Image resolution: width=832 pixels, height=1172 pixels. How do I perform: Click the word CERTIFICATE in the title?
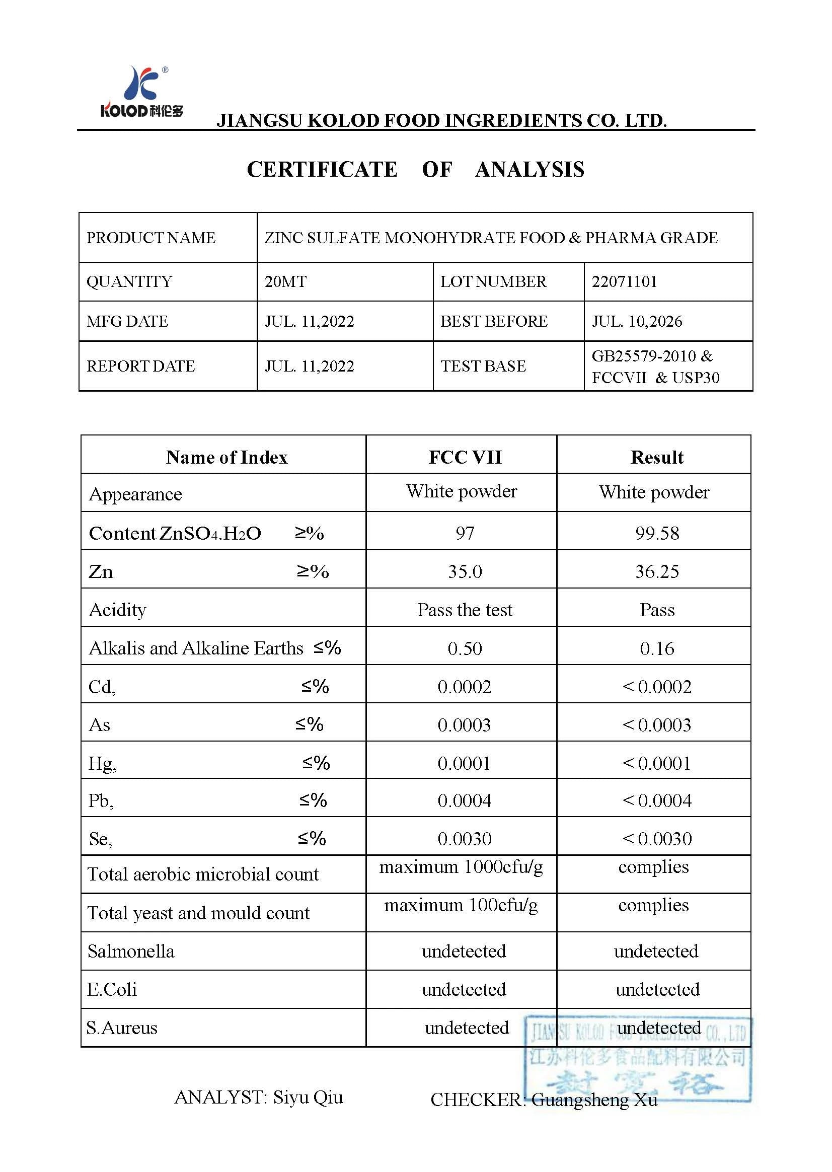click(x=322, y=170)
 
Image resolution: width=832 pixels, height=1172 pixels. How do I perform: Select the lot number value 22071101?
click(x=624, y=282)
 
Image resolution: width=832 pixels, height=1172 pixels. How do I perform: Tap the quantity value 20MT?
click(x=285, y=282)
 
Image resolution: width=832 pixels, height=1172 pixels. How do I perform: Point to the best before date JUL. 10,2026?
click(x=637, y=321)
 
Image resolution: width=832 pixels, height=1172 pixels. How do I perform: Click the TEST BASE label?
click(x=483, y=366)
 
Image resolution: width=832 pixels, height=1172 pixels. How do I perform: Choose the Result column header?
click(x=657, y=457)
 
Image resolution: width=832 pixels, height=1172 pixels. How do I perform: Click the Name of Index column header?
click(x=226, y=457)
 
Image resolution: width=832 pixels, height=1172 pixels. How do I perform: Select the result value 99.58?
click(x=657, y=533)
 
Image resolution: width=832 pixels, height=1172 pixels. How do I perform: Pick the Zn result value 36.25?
click(x=657, y=571)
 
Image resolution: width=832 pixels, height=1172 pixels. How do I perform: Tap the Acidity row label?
click(x=118, y=610)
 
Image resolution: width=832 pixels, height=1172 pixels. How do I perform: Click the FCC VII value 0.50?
click(x=465, y=648)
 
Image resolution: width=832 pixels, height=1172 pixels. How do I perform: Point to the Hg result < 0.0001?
click(x=657, y=763)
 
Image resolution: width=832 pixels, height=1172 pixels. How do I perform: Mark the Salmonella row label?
click(x=131, y=951)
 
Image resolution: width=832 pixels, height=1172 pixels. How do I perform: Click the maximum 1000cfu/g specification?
click(x=461, y=866)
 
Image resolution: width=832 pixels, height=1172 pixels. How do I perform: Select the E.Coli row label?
click(x=112, y=989)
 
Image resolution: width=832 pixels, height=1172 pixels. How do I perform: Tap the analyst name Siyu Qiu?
click(x=308, y=1096)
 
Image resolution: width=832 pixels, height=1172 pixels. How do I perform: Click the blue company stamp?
click(x=637, y=1058)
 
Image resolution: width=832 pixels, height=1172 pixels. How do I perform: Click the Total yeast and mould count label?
click(x=199, y=913)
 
